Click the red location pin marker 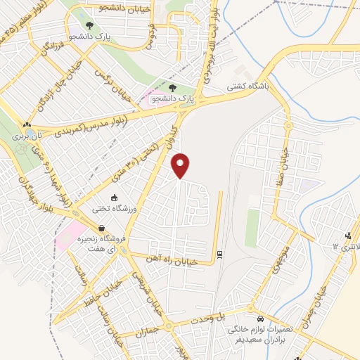pyautogui.click(x=181, y=165)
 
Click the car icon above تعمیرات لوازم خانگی pyautogui.click(x=259, y=317)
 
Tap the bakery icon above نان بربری pyautogui.click(x=27, y=123)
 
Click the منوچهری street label pyautogui.click(x=276, y=259)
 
